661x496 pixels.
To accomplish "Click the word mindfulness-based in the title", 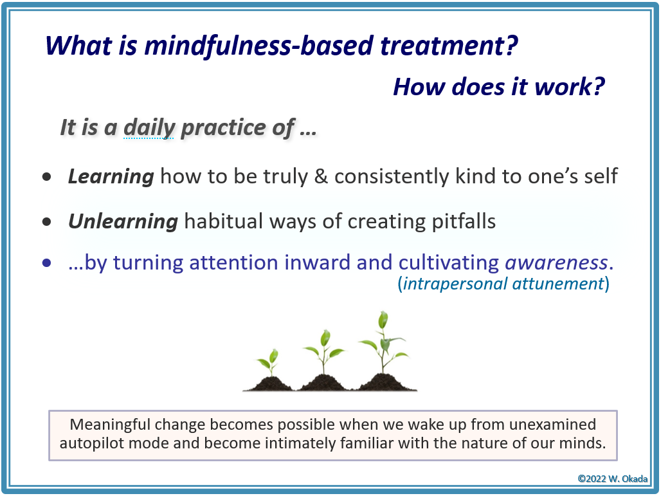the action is [x=259, y=45].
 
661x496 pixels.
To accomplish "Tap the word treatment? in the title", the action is [x=449, y=45].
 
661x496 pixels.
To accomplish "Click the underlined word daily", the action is [x=149, y=127].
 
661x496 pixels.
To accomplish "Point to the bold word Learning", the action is [x=111, y=176].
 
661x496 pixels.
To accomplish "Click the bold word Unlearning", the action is [x=123, y=221].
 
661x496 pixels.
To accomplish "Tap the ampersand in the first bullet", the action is [x=321, y=176].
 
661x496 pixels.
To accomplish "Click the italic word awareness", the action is [x=556, y=262].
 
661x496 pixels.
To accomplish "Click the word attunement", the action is [x=559, y=284].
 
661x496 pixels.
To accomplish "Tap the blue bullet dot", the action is [x=47, y=263].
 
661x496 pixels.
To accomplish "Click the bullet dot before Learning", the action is [x=47, y=177].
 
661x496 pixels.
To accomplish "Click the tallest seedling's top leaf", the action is [x=383, y=320].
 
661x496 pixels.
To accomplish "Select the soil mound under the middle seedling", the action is [x=323, y=383].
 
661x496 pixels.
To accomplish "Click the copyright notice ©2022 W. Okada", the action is [x=612, y=479].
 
